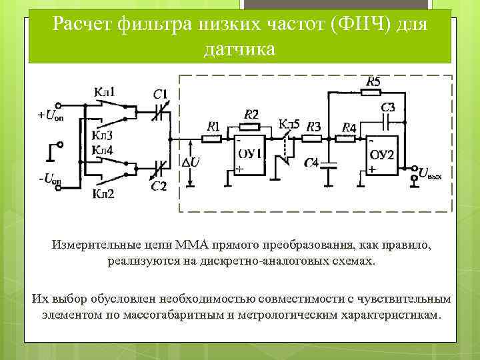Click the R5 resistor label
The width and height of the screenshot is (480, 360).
pos(373,81)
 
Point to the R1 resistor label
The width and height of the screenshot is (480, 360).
pos(213,125)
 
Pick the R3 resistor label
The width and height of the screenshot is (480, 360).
pos(314,126)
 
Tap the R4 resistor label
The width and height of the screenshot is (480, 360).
pos(349,127)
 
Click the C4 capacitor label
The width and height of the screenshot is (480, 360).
pos(311,162)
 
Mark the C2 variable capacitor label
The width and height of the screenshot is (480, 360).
pos(159,186)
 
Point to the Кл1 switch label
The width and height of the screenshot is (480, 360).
pos(104,91)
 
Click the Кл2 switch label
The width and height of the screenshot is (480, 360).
pos(103,194)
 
